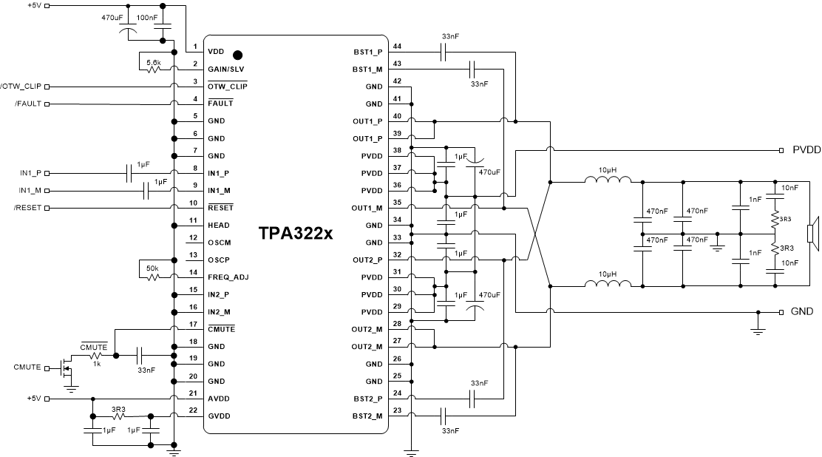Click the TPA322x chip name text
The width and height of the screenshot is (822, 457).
pos(296,234)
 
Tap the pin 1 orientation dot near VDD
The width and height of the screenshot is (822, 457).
pos(237,55)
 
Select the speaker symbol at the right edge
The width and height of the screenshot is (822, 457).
pos(811,234)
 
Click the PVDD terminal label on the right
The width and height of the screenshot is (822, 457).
pos(806,149)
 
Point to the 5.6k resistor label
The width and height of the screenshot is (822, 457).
pos(154,63)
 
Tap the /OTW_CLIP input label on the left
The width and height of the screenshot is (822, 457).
pos(21,86)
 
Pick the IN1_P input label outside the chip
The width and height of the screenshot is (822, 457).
pos(31,173)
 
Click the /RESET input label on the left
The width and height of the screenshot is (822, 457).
pos(27,208)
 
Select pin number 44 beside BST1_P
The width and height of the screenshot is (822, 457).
pos(397,45)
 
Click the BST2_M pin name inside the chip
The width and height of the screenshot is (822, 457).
pos(367,416)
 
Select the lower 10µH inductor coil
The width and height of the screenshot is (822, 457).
pos(608,284)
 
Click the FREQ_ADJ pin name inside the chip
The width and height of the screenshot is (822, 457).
pos(227,277)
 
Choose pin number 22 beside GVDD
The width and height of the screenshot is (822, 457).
pos(194,410)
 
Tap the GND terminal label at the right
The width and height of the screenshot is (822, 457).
pos(801,311)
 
